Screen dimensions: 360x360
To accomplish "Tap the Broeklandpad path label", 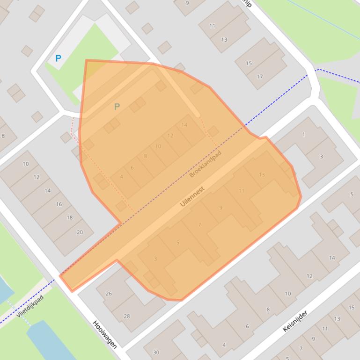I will click(205, 164).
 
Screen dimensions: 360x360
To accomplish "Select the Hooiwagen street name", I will click(104, 334).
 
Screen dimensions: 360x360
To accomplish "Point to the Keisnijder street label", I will click(295, 321).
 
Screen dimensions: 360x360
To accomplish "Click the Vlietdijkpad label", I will click(29, 306).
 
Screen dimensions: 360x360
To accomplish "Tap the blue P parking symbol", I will click(58, 58).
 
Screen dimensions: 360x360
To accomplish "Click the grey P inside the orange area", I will click(117, 107).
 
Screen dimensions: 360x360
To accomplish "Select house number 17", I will click(260, 77).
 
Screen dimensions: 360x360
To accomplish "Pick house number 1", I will click(303, 135).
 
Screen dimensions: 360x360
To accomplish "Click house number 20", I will click(80, 232).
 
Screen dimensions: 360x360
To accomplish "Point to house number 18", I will click(69, 217).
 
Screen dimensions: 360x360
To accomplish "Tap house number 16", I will click(59, 204).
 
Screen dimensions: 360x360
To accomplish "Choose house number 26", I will click(109, 294).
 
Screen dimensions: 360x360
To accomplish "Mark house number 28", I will click(126, 317).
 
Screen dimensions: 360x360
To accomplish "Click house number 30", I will click(156, 353).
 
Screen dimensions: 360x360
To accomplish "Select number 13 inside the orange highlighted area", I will click(261, 175).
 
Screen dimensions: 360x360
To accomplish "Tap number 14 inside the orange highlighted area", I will click(184, 125).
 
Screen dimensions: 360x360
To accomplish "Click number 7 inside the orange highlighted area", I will click(199, 225).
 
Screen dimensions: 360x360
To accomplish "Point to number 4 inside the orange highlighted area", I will click(122, 177).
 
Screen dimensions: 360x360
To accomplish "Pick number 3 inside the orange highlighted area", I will click(155, 259).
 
